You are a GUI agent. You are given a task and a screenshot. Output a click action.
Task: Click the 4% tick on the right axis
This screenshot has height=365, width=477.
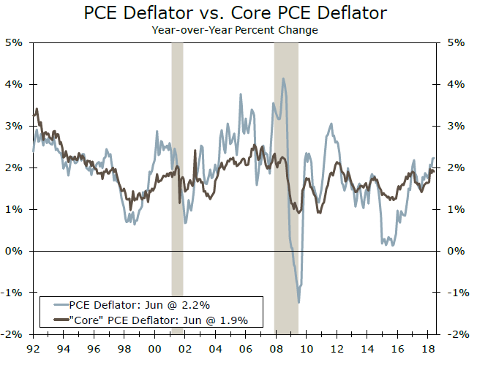click(455, 84)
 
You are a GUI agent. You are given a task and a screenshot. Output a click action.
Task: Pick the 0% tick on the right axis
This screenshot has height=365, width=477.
click(455, 251)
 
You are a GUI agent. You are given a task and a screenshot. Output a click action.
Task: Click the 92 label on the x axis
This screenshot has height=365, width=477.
click(32, 349)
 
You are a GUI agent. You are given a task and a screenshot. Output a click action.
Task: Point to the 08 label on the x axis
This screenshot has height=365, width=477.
click(275, 349)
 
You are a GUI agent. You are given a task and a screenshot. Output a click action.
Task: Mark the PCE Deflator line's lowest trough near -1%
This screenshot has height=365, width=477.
click(298, 302)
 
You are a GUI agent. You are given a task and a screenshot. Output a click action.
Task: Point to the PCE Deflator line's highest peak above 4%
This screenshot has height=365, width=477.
click(283, 78)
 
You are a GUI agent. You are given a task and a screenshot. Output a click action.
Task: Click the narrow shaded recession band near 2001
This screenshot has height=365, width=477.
click(177, 183)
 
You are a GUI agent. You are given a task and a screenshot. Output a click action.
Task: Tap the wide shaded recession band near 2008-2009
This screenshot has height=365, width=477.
click(286, 183)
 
